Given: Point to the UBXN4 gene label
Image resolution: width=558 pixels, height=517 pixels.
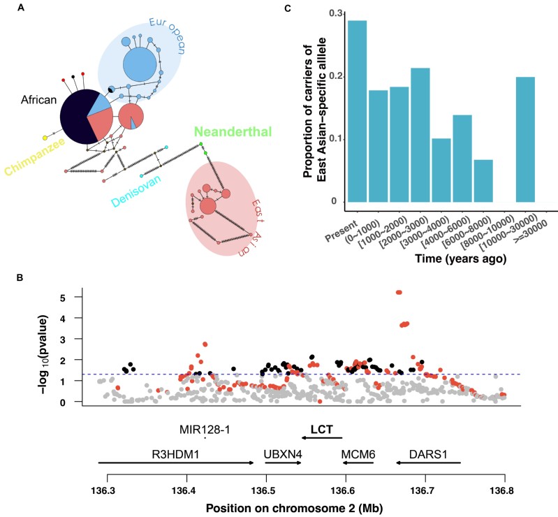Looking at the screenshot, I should (x=283, y=453).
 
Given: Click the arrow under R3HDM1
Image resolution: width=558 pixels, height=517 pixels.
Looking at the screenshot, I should (x=175, y=463).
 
